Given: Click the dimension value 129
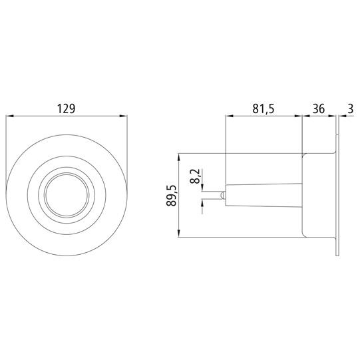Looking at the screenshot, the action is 66,108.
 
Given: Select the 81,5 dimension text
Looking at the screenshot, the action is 264,108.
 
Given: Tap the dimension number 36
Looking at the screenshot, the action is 319,108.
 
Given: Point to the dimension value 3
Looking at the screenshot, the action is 351,108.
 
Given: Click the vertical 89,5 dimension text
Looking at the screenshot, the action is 172,195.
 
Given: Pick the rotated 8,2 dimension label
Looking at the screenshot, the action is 195,176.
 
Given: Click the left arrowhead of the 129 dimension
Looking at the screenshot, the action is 9,116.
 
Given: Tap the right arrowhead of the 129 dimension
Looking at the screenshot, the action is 123,116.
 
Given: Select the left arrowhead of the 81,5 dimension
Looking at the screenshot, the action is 230,116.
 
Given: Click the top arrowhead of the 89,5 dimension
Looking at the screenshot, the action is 179,157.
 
